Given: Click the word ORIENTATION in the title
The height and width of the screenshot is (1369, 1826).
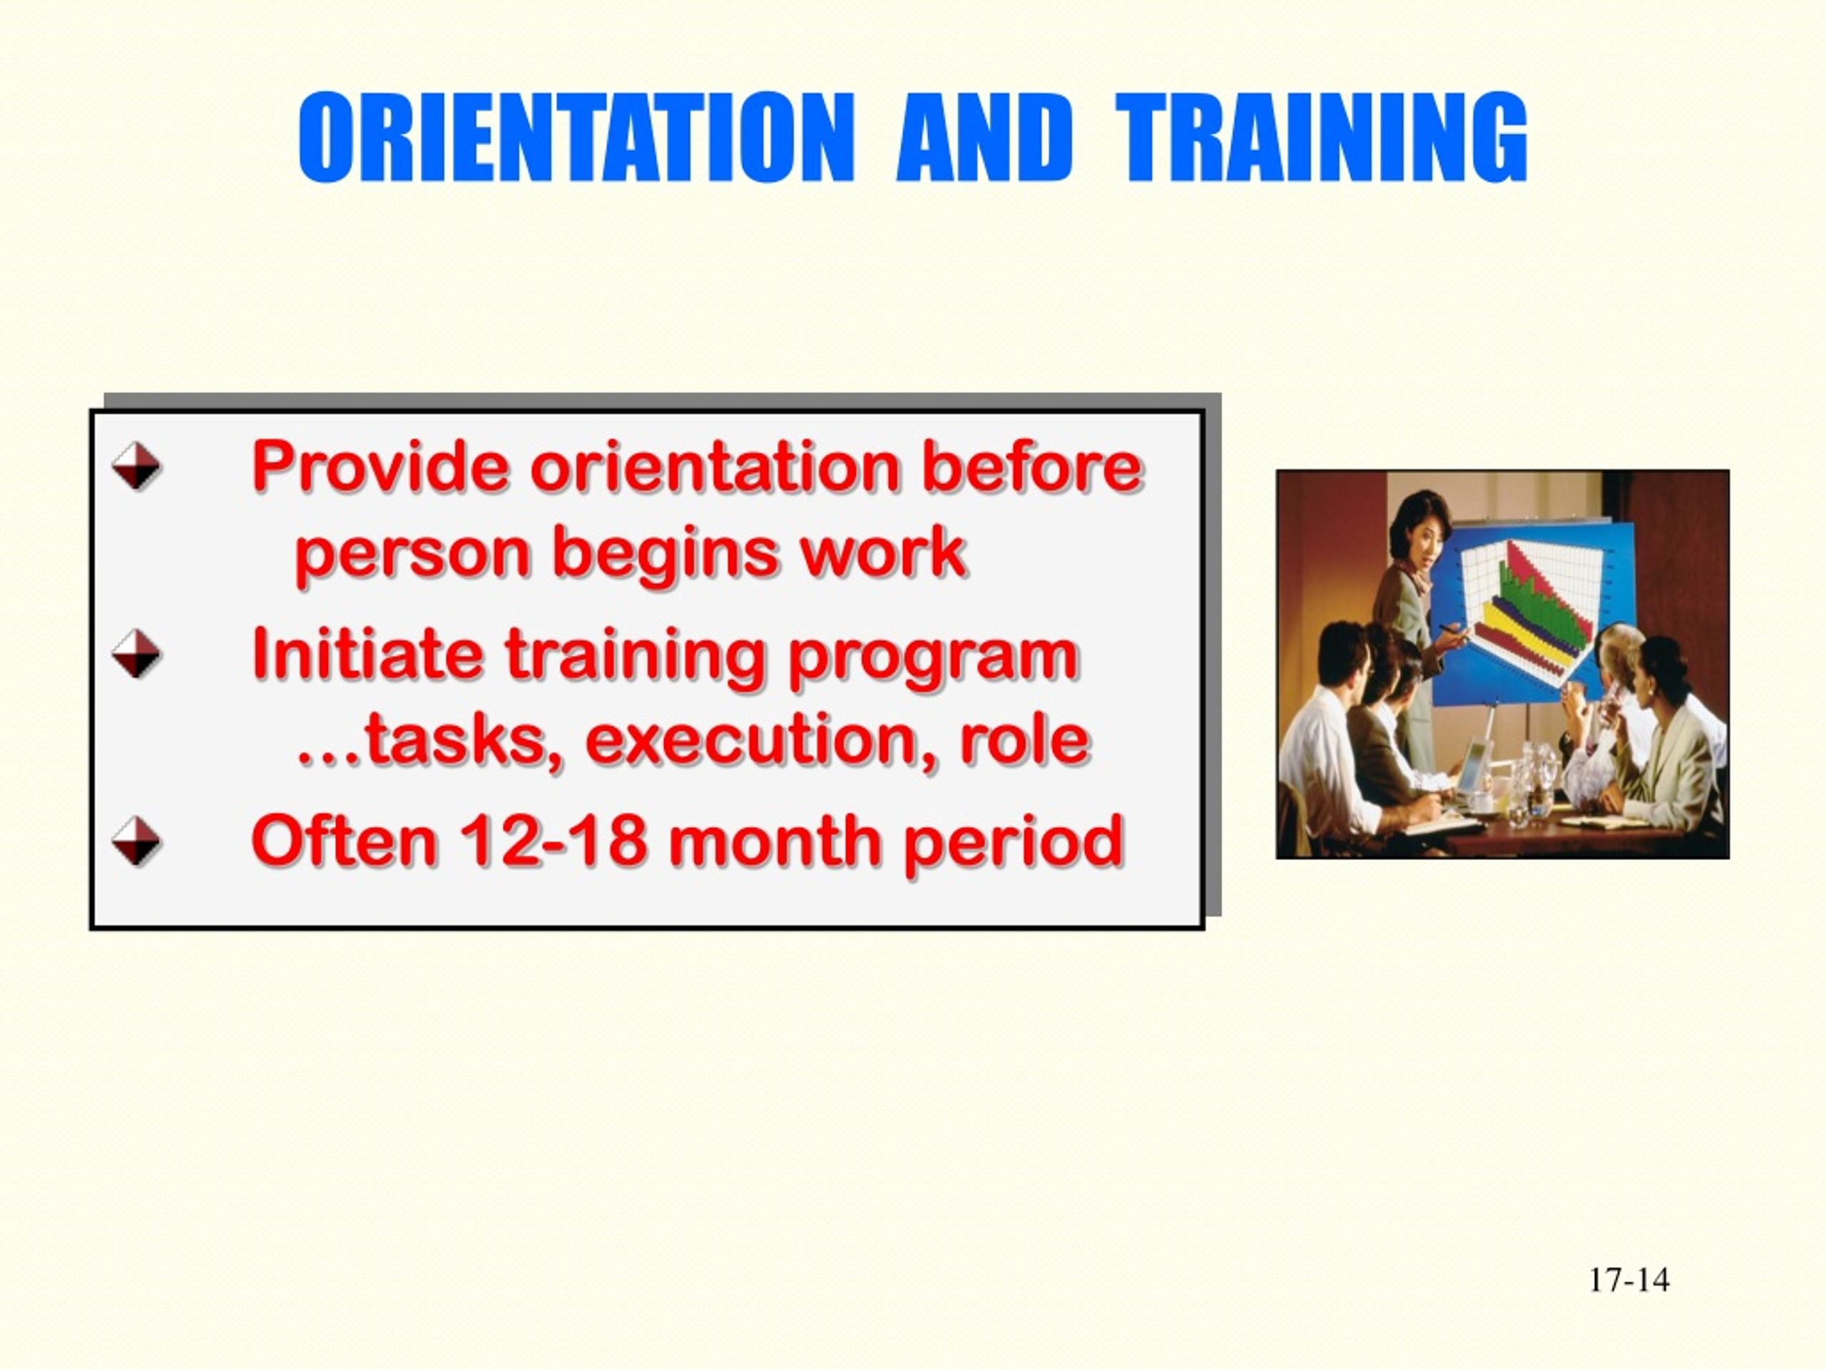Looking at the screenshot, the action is pyautogui.click(x=576, y=137).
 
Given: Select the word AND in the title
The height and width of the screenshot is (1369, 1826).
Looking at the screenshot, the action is pyautogui.click(x=984, y=137).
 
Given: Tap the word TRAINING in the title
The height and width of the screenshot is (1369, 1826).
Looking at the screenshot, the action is pyautogui.click(x=1322, y=137).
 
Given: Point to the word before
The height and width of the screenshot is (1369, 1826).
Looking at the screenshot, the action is pyautogui.click(x=1032, y=466).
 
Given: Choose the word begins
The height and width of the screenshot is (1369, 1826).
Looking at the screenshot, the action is pyautogui.click(x=665, y=555).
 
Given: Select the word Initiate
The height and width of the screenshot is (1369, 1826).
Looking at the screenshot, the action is pyautogui.click(x=367, y=654).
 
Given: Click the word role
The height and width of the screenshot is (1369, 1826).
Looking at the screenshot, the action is pyautogui.click(x=1024, y=739).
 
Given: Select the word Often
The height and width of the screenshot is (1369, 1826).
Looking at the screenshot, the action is pyautogui.click(x=343, y=841).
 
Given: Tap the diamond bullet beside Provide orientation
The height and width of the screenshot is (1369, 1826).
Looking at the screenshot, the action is pyautogui.click(x=136, y=466).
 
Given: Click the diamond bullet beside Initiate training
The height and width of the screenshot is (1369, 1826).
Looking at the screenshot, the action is pyautogui.click(x=136, y=654).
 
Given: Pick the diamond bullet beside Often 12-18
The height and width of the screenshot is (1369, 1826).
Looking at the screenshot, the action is pyautogui.click(x=136, y=841).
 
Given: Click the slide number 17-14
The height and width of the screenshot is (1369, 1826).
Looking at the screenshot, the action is pyautogui.click(x=1628, y=1280).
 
